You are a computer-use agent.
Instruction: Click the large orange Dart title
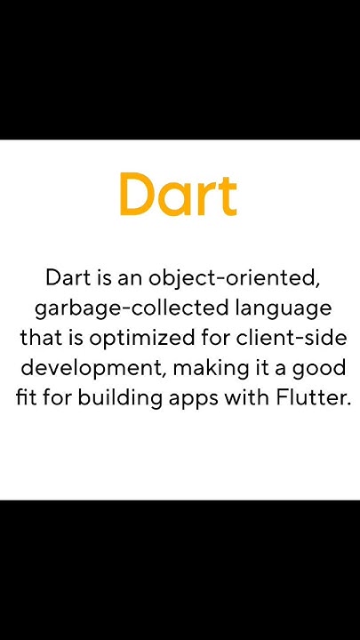pyautogui.click(x=179, y=195)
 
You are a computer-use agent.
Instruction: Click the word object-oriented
pyautogui.click(x=245, y=278)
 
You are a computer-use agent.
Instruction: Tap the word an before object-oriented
pyautogui.click(x=131, y=278)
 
